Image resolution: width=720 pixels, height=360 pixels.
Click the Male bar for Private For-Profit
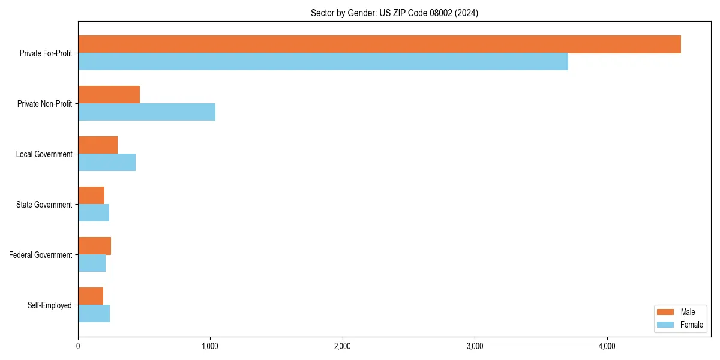point(379,44)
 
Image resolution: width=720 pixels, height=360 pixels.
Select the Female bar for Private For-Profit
point(323,61)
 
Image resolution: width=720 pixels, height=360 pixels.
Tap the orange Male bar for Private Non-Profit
point(109,95)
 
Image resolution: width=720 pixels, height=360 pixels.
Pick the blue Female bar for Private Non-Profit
point(146,112)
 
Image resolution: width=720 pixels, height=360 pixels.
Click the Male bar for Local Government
point(98,145)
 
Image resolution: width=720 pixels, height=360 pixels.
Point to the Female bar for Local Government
point(107,162)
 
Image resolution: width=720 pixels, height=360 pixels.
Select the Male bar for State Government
point(91,196)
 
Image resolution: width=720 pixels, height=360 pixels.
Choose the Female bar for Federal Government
point(92,263)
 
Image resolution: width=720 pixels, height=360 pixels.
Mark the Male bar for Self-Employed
point(91,296)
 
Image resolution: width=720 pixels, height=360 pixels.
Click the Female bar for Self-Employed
point(94,313)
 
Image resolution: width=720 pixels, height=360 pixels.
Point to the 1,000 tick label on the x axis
point(210,346)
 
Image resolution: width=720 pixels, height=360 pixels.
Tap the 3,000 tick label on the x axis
point(475,346)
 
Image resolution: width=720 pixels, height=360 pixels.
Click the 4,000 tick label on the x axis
point(607,346)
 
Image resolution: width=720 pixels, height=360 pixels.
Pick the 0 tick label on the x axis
point(78,346)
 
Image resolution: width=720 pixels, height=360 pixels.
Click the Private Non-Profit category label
point(44,104)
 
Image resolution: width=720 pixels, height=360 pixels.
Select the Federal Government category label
point(41,255)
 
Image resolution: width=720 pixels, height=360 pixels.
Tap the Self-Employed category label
point(50,305)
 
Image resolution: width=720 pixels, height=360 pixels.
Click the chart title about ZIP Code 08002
point(394,13)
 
